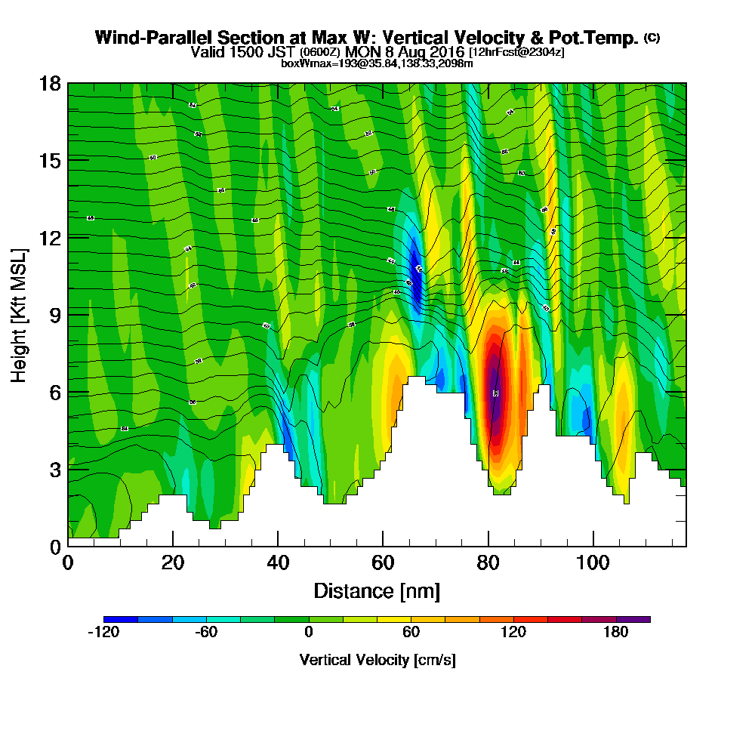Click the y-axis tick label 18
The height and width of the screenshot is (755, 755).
click(x=50, y=83)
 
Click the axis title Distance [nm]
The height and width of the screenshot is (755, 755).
click(x=377, y=590)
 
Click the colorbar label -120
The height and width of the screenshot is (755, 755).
click(x=103, y=633)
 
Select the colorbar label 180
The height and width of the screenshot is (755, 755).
click(x=616, y=633)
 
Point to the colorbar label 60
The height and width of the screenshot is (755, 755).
click(x=411, y=633)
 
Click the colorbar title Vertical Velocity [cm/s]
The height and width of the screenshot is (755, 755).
click(x=377, y=660)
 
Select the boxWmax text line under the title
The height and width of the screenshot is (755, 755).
click(x=377, y=63)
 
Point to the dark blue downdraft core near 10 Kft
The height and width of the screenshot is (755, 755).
click(x=415, y=276)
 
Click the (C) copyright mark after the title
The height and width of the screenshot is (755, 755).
click(x=652, y=38)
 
